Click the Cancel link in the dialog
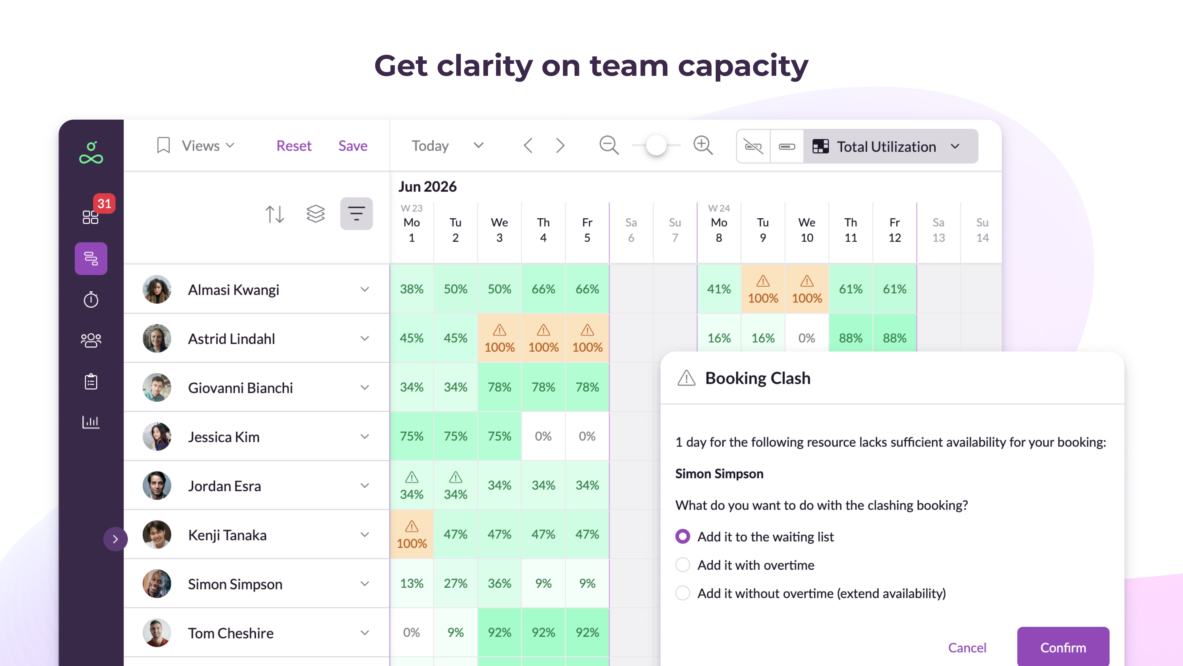click(x=967, y=647)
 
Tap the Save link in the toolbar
click(x=353, y=146)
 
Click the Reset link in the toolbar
click(x=294, y=146)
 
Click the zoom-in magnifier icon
click(x=703, y=146)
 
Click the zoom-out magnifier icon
click(x=609, y=146)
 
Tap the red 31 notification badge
click(x=104, y=203)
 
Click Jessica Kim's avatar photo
click(x=157, y=436)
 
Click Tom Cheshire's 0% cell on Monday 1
click(x=412, y=632)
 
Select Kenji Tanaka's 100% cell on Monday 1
click(x=412, y=535)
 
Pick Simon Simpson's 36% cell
click(x=499, y=583)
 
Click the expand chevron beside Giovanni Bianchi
click(x=365, y=388)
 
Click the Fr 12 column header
click(x=894, y=230)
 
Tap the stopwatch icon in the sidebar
click(x=91, y=300)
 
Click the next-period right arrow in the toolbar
click(x=560, y=146)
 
